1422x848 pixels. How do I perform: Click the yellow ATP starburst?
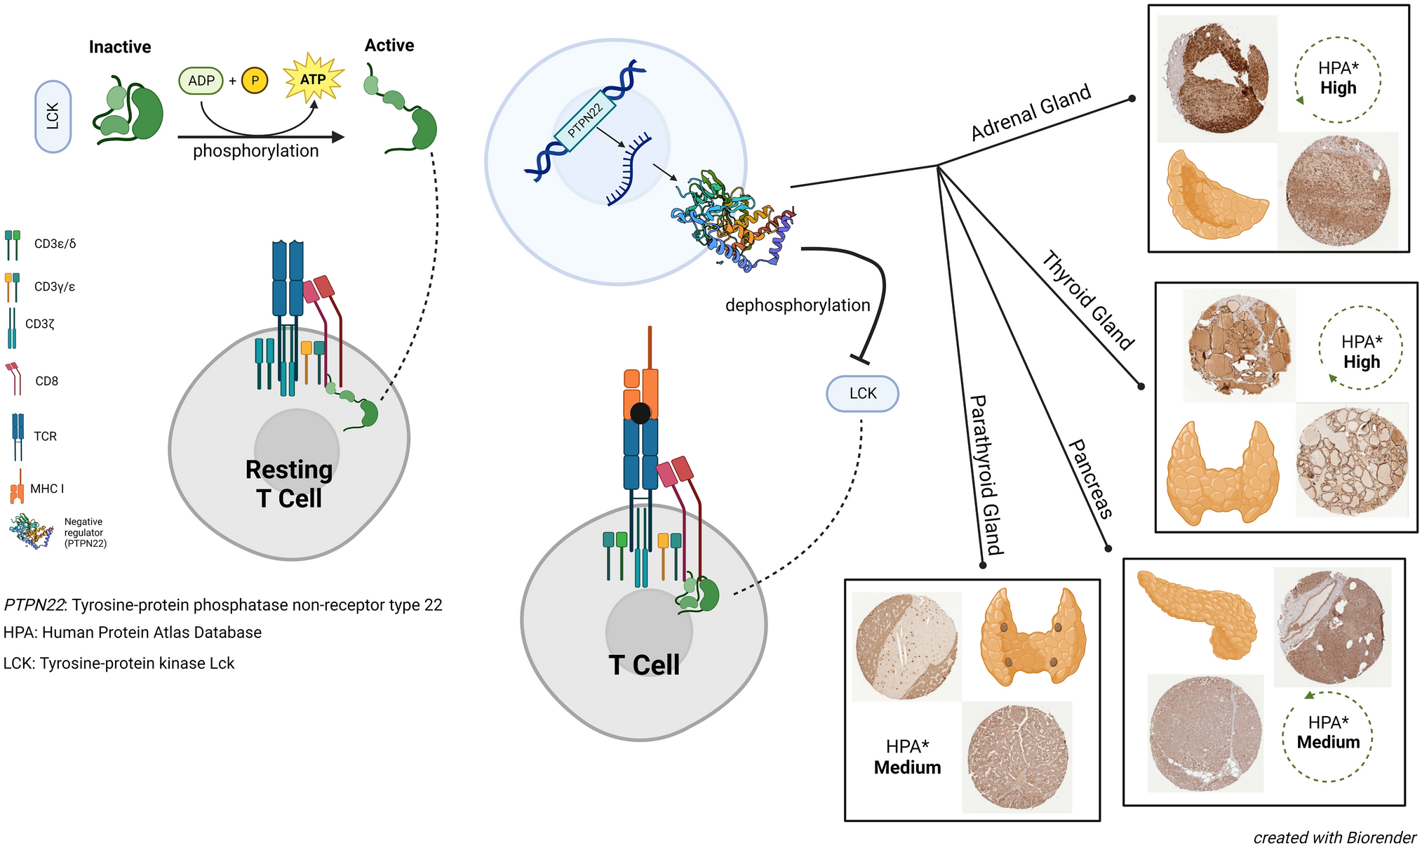tap(313, 79)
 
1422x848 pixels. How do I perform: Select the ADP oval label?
tap(201, 81)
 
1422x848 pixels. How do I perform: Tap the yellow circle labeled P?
tap(255, 81)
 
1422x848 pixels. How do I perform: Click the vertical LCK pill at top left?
tap(53, 117)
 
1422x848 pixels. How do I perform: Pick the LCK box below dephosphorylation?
tap(862, 393)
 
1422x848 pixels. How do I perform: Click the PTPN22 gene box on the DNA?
tap(584, 121)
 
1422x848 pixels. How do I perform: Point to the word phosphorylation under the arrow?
tap(255, 151)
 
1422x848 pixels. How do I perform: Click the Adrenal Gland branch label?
tap(1031, 112)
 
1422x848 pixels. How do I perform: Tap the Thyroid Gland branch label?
tap(1087, 300)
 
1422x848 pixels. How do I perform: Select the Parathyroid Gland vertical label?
tap(986, 475)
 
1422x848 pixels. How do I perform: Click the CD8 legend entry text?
tap(46, 381)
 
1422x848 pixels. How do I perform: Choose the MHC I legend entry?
tap(46, 489)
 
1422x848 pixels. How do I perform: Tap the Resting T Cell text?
tap(288, 484)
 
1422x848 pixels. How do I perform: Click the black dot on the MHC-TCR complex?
tap(640, 413)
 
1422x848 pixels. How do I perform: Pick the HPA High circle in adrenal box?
tap(1338, 79)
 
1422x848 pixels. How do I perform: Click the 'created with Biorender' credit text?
tap(1334, 837)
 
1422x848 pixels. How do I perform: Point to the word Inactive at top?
tap(120, 47)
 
